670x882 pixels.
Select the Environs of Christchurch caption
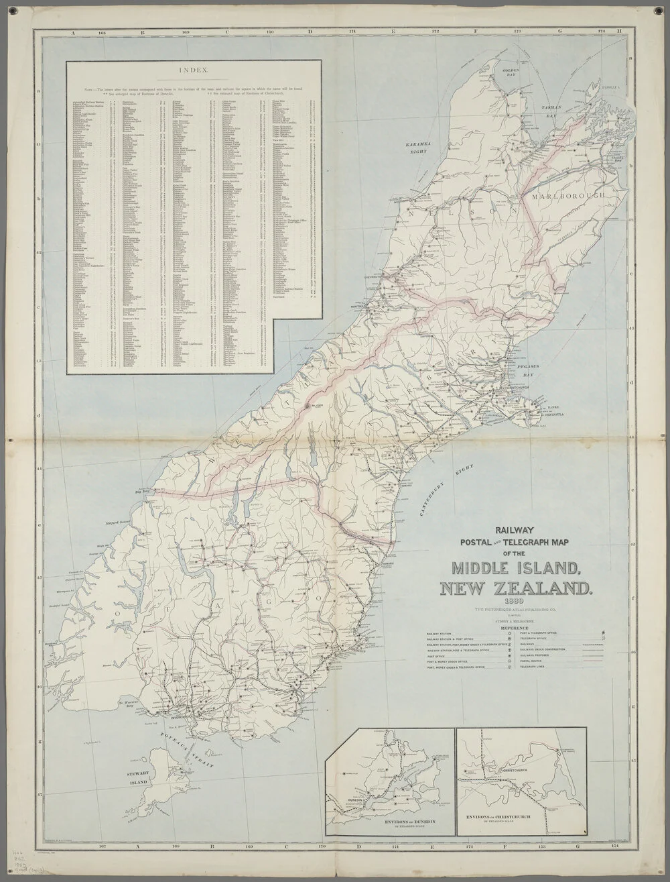click(x=511, y=816)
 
